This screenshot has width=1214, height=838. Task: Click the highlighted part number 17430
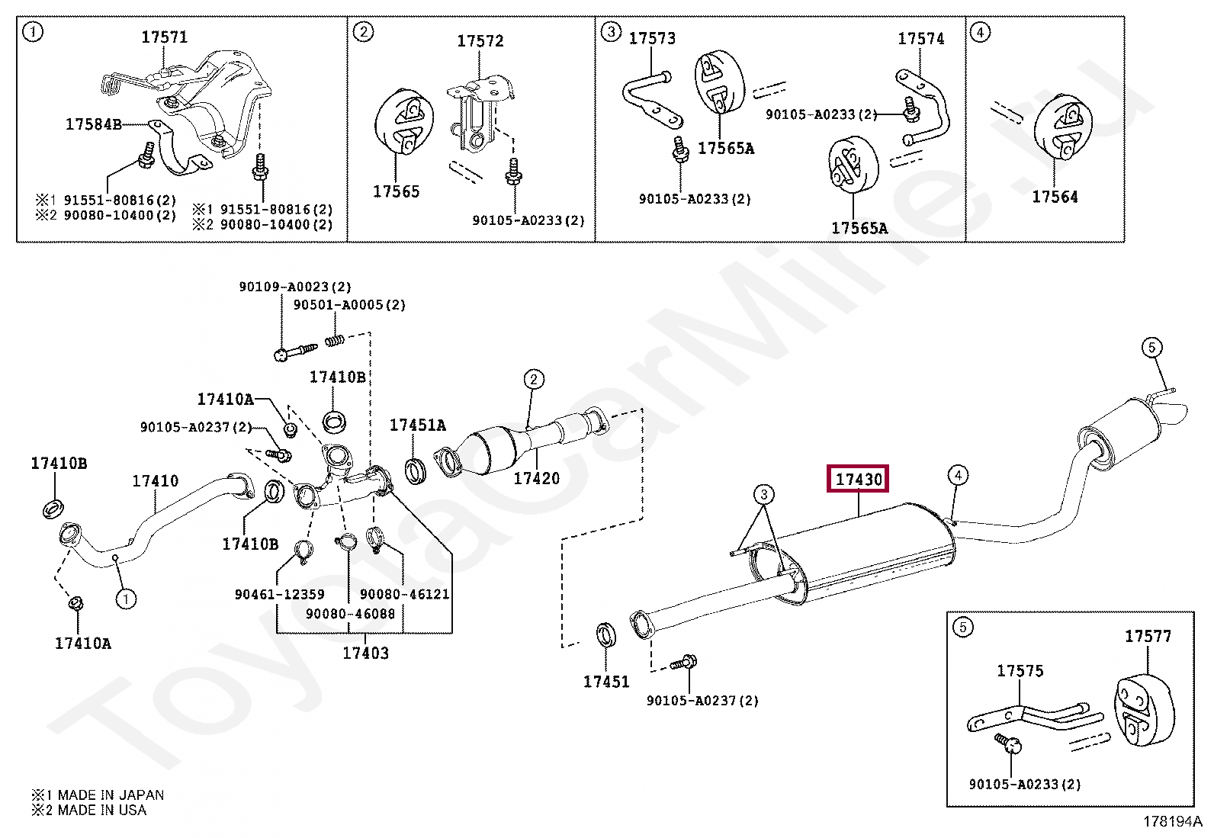(859, 480)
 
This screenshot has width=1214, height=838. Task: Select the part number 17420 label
(536, 478)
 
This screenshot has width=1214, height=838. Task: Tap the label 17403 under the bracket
(365, 653)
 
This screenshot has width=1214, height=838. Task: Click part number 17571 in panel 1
(164, 37)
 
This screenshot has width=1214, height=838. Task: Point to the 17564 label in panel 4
(1055, 197)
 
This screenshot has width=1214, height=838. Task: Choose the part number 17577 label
(1148, 636)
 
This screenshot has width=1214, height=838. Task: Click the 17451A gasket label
(418, 425)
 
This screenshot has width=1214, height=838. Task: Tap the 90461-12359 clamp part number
(279, 594)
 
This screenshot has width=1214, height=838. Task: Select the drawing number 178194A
(1171, 822)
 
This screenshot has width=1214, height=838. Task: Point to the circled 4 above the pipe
(958, 476)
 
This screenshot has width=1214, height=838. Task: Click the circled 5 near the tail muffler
(1151, 348)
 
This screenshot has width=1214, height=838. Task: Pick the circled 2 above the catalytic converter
(533, 379)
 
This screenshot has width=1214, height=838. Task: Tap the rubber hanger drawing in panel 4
(1062, 127)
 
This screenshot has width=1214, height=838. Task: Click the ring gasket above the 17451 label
(606, 635)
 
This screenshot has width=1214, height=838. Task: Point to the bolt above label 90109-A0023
(294, 352)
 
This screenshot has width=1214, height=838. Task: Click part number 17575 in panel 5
(1020, 671)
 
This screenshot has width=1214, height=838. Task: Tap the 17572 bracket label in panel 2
(480, 40)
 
